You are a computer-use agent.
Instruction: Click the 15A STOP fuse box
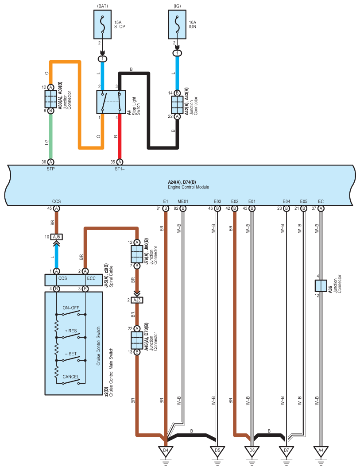[103, 24]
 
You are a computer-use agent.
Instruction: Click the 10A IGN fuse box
[177, 24]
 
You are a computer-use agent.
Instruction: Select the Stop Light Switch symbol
[111, 102]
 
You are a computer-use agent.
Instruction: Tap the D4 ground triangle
[166, 451]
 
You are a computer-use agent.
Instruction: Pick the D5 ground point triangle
[217, 451]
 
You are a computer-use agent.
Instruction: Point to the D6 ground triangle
[252, 451]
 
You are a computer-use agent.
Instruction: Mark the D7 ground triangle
[286, 451]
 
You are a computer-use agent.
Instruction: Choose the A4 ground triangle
[321, 451]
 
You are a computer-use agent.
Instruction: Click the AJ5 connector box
[56, 237]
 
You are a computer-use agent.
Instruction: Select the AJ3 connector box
[137, 300]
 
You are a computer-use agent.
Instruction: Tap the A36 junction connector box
[321, 286]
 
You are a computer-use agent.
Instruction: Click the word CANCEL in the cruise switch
[71, 377]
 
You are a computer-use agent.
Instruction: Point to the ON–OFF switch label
[71, 308]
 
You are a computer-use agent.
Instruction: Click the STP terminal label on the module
[50, 169]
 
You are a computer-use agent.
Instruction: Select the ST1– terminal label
[120, 169]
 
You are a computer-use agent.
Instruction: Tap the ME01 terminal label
[183, 201]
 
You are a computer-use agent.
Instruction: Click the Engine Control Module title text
[188, 187]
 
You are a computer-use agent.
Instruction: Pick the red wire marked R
[120, 136]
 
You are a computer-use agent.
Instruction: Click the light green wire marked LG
[50, 136]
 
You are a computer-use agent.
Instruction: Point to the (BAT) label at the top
[103, 6]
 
